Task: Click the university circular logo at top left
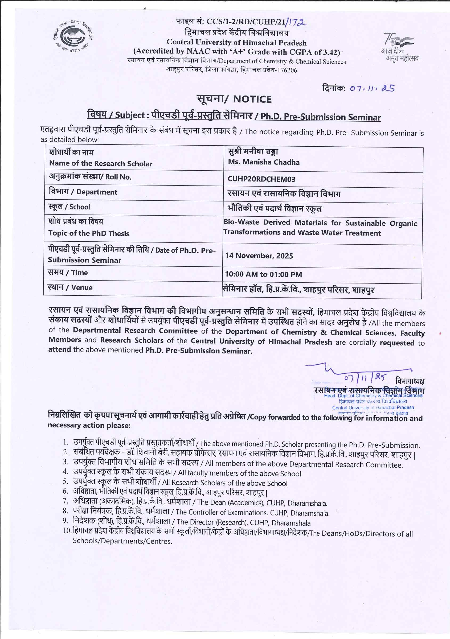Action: click(73, 37)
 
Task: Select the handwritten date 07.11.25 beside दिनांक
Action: click(372, 89)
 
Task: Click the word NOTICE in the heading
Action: click(252, 100)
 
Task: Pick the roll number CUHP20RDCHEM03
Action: click(261, 179)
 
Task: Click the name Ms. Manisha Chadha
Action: click(263, 162)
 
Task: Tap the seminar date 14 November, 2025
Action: click(259, 256)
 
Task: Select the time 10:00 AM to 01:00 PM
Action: click(263, 274)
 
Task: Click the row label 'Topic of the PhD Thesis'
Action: click(89, 233)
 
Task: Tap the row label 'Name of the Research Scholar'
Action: click(101, 163)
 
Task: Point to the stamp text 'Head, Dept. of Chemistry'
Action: click(350, 395)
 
